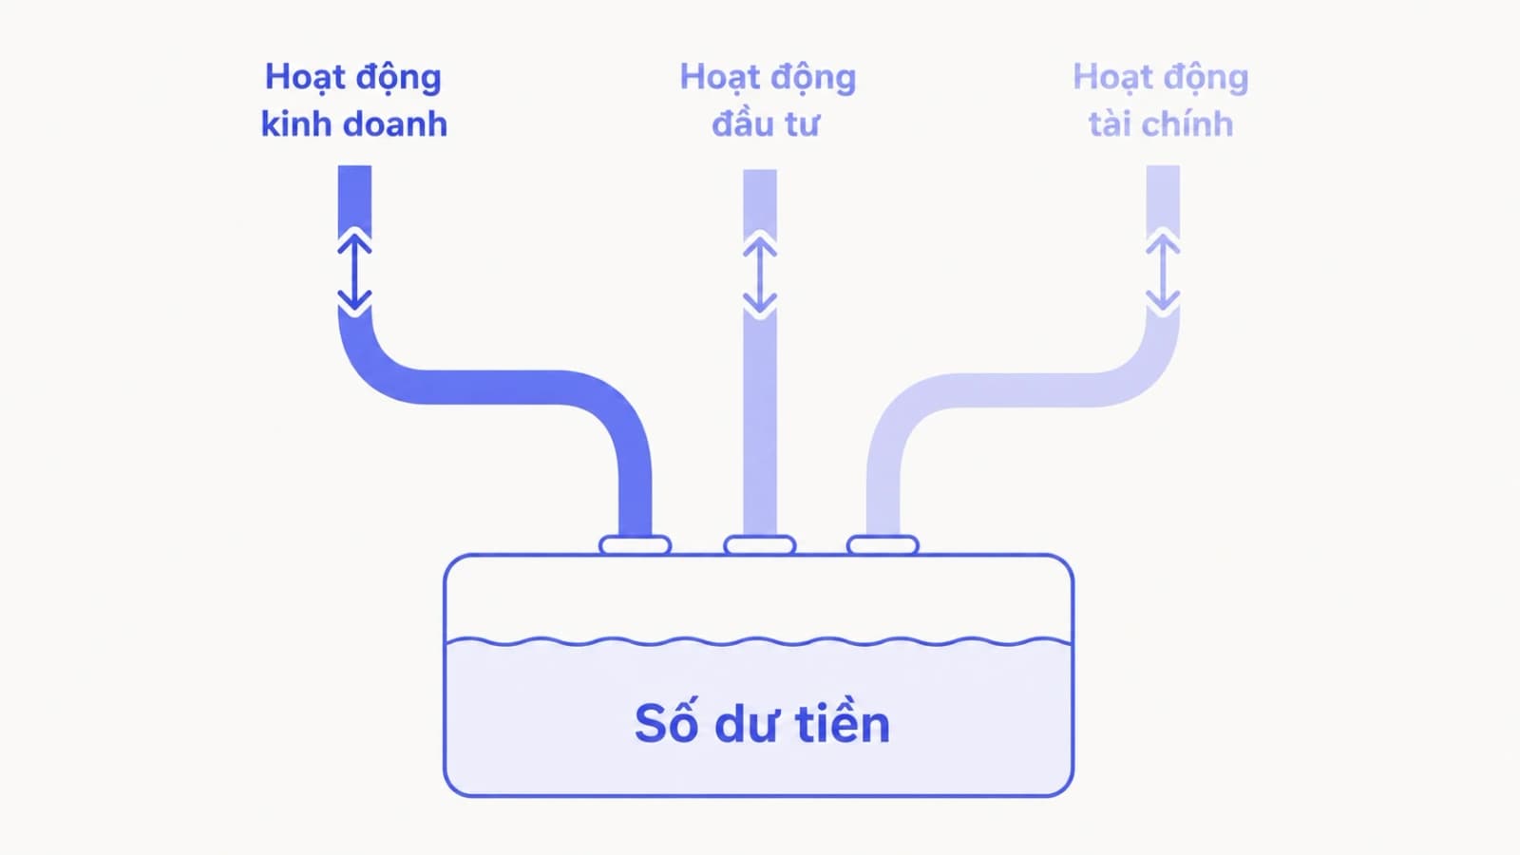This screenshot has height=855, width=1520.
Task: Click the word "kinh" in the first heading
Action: (295, 124)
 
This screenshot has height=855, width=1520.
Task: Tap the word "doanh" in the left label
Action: (395, 124)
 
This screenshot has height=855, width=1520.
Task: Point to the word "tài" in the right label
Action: (1111, 124)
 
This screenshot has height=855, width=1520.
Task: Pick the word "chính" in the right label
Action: (1188, 124)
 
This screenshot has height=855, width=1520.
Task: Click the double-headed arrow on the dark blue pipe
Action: (354, 272)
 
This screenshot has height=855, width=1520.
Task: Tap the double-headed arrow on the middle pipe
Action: (760, 274)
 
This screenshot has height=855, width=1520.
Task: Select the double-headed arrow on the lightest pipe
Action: (1163, 272)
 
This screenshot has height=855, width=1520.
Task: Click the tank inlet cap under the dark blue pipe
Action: (635, 545)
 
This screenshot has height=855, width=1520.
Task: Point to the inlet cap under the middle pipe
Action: (759, 545)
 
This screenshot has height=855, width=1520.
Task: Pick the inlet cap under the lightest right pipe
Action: (883, 545)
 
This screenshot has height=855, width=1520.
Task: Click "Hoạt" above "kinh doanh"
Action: (299, 78)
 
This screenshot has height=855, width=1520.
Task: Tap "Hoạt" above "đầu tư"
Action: (714, 78)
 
